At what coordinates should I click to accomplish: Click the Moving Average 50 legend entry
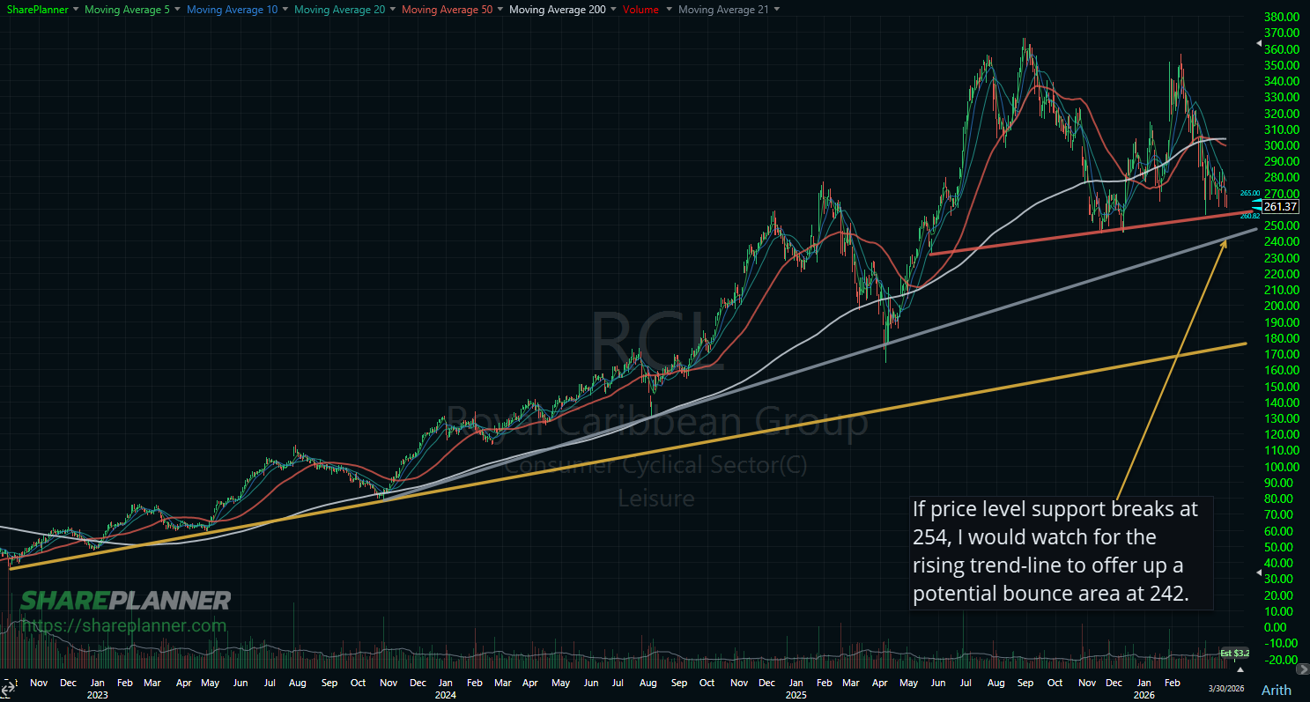444,9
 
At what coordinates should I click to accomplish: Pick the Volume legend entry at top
640,9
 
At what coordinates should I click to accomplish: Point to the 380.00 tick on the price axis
1279,17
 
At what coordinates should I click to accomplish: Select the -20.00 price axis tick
1278,660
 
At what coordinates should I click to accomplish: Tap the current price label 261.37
1280,207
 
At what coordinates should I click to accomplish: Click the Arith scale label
1277,689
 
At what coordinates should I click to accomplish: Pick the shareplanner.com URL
123,625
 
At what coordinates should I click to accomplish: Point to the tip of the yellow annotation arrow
1227,238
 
